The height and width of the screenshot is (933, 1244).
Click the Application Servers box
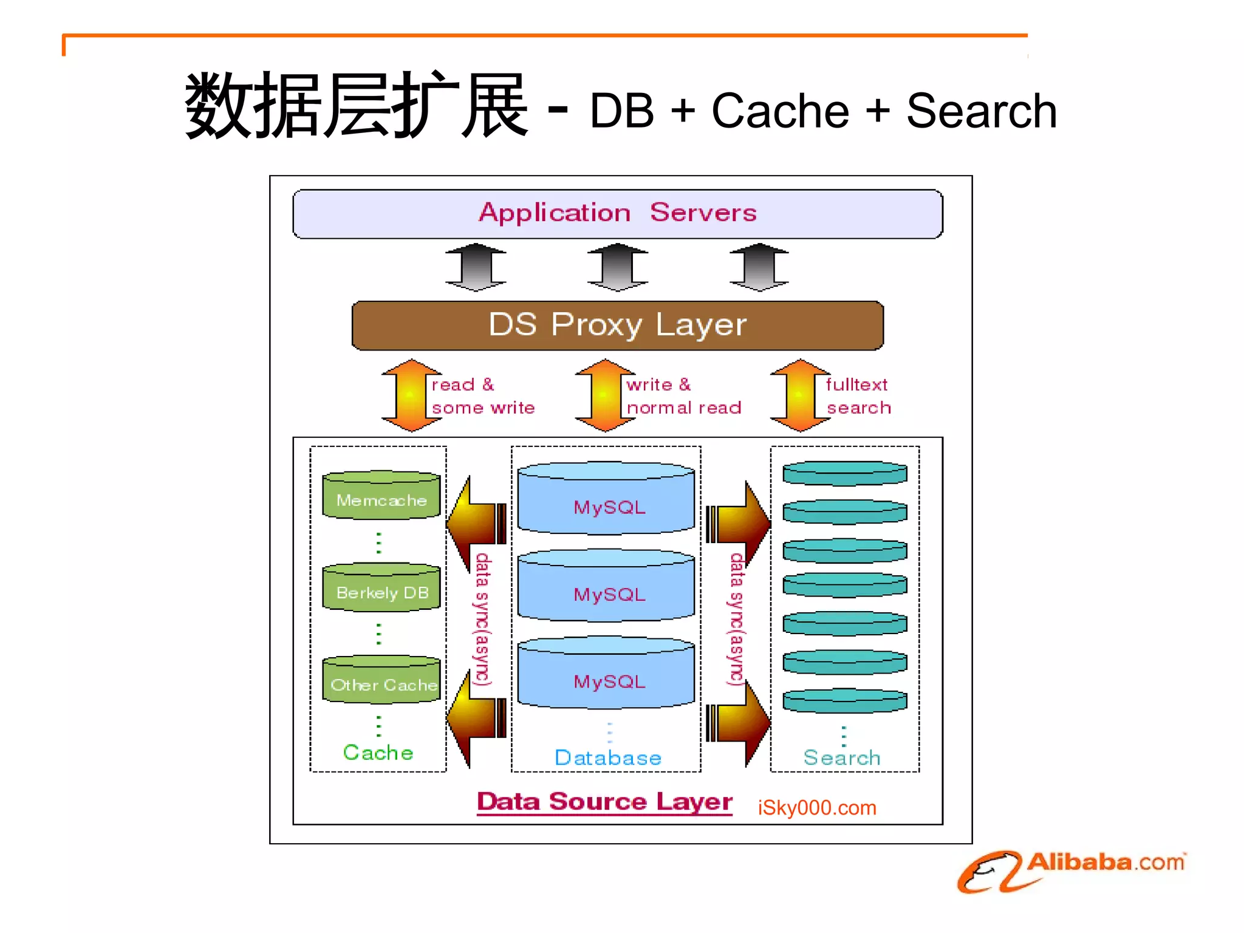[x=617, y=213]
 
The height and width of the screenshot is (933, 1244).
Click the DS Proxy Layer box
[x=617, y=325]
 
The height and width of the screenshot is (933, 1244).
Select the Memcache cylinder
[x=381, y=496]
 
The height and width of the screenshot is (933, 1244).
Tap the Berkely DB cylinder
[x=381, y=588]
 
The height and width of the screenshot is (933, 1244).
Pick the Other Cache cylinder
[x=381, y=680]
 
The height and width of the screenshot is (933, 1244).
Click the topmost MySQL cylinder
[x=606, y=499]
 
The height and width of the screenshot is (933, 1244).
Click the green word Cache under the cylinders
[x=378, y=753]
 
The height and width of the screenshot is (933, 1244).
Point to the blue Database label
[x=607, y=757]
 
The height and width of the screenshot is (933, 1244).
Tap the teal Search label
[x=841, y=757]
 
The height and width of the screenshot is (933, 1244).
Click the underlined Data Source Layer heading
[x=604, y=802]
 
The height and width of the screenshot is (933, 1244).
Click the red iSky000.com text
[x=816, y=808]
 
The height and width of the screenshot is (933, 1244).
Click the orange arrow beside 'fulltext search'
[x=800, y=395]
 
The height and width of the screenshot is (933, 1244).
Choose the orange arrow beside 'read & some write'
[x=411, y=395]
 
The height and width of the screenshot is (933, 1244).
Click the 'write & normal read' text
[x=683, y=396]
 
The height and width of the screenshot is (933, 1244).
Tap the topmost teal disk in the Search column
[x=844, y=473]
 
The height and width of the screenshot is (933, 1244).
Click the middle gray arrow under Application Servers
[x=618, y=267]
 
